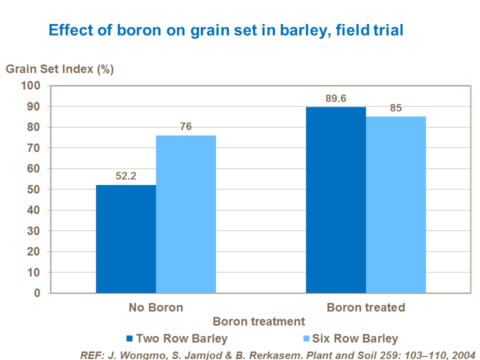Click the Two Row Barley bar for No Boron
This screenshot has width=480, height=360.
(x=126, y=239)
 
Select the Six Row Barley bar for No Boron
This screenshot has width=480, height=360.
(x=186, y=214)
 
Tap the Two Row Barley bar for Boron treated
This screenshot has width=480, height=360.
(x=336, y=200)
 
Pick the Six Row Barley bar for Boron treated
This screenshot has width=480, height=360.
(x=396, y=204)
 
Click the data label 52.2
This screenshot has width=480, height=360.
(x=126, y=176)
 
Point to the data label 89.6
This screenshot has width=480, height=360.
(x=335, y=98)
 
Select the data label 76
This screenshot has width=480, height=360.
(x=186, y=127)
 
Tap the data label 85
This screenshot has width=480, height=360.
(x=396, y=108)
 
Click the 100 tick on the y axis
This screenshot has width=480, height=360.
(x=30, y=85)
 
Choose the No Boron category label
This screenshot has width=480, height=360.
(x=156, y=307)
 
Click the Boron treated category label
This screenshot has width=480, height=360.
(x=366, y=307)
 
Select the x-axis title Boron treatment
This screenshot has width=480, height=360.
(x=258, y=321)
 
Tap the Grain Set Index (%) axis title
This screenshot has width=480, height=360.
(x=60, y=69)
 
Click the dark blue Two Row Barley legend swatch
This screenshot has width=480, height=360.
(x=130, y=339)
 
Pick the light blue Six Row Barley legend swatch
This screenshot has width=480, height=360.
(x=306, y=339)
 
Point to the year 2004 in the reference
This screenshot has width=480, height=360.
(x=463, y=354)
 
